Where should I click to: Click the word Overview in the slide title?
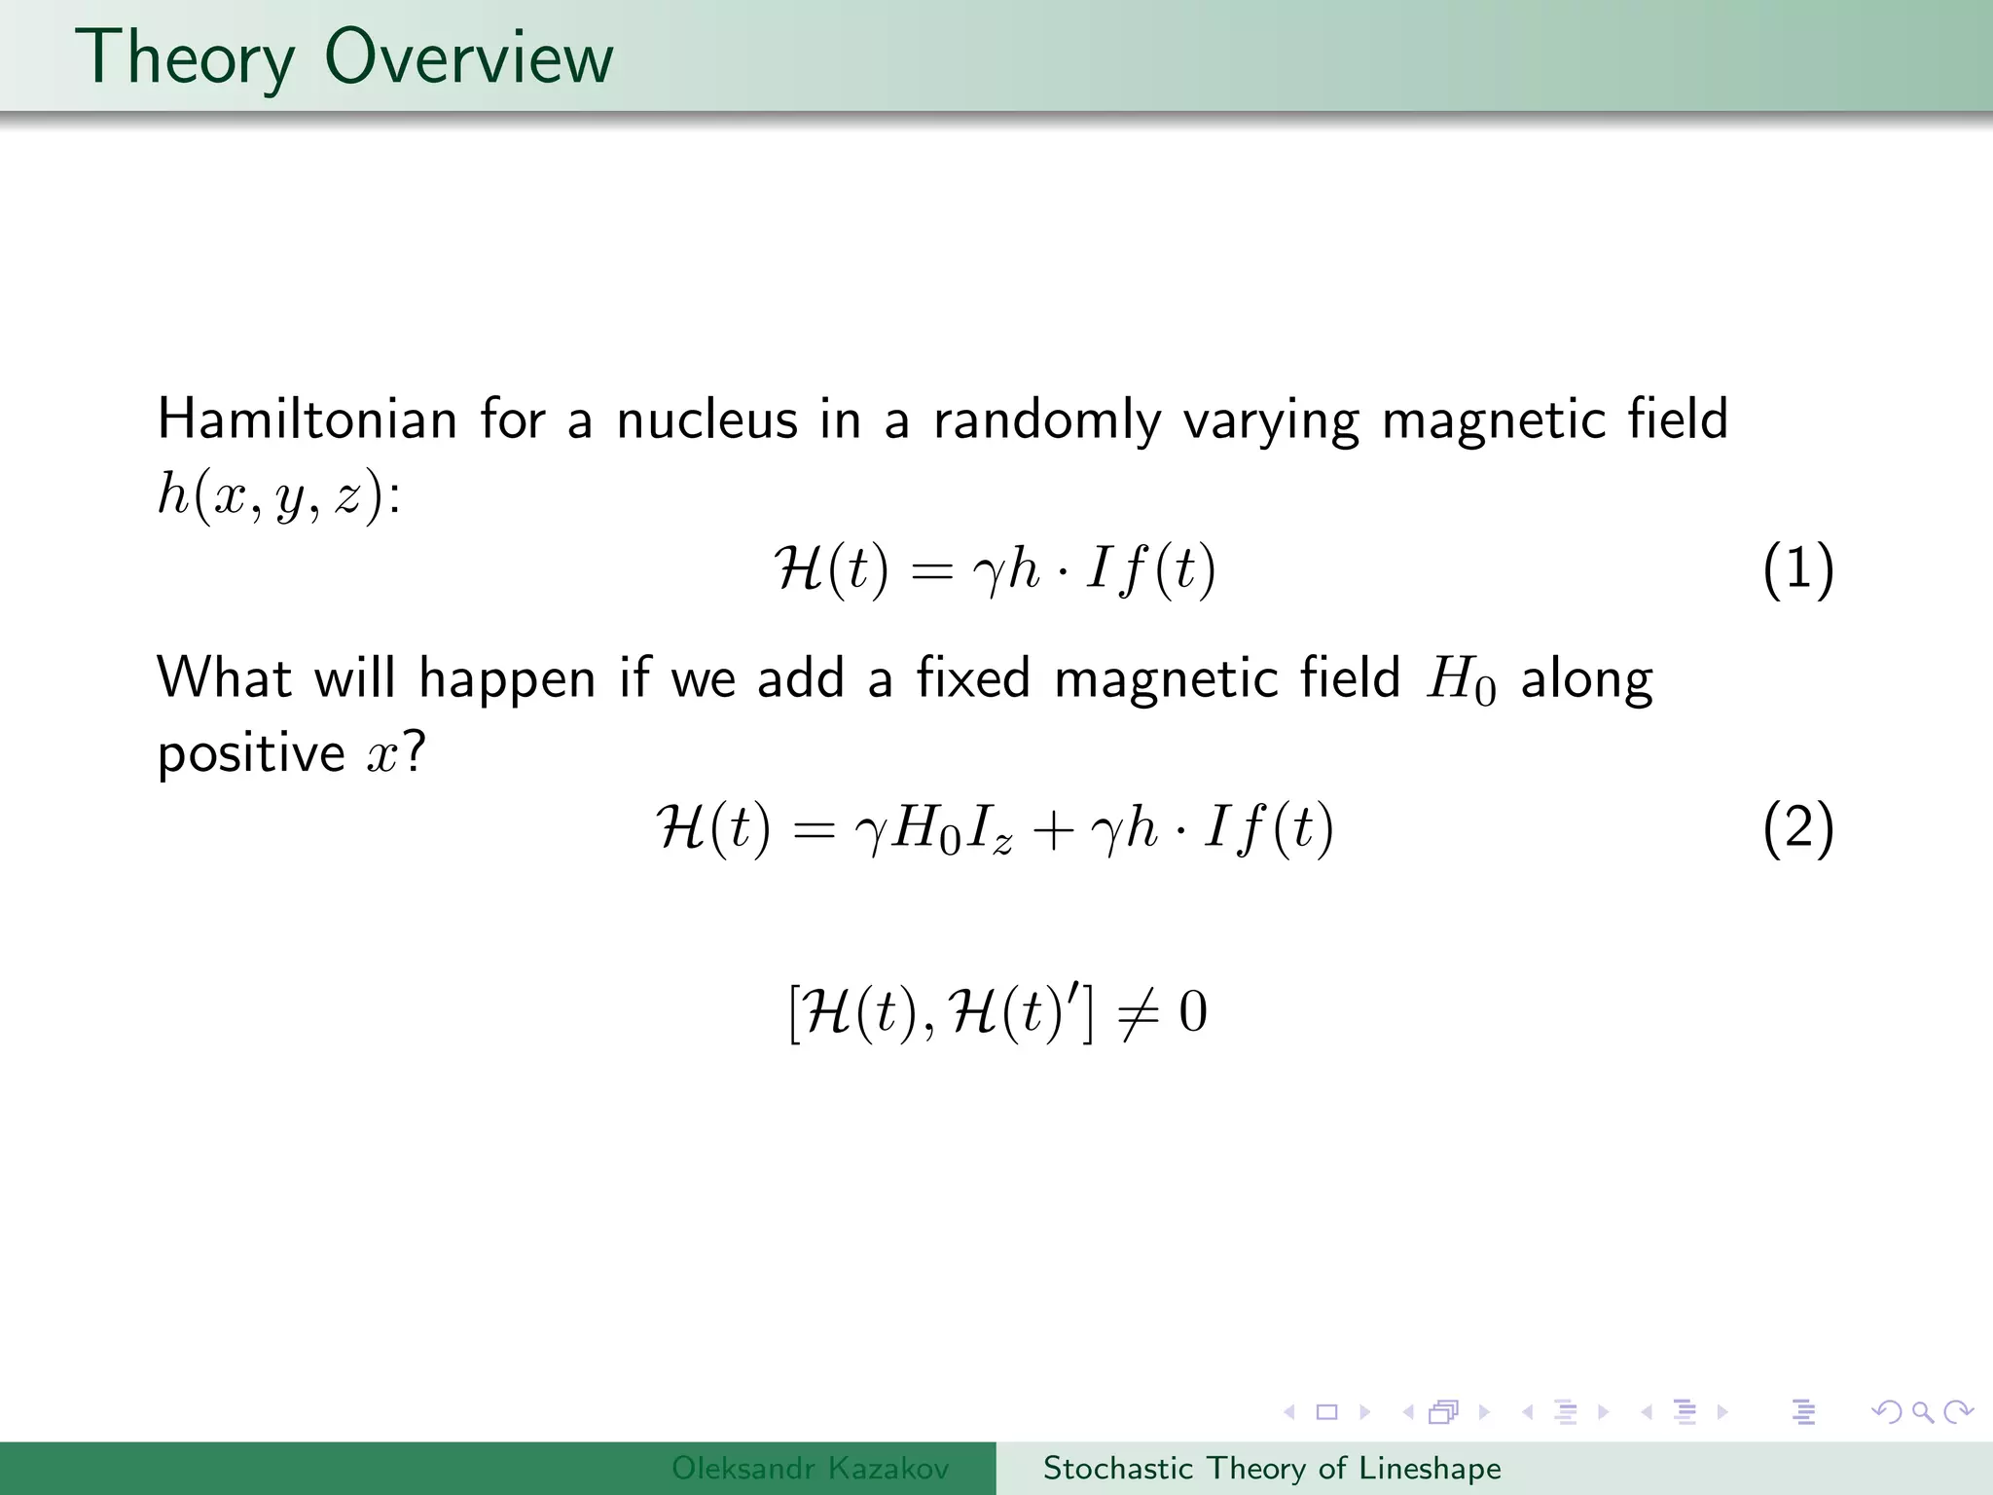coord(468,58)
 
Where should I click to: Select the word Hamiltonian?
coord(307,420)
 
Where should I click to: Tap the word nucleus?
coord(707,420)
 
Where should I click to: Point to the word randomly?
coord(1046,420)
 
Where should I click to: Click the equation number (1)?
coord(1797,569)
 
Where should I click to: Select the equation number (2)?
coord(1797,829)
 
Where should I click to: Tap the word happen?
coord(507,679)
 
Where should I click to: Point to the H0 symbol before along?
coord(1460,681)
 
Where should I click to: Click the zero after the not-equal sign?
coord(1193,1012)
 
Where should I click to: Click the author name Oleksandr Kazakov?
coord(810,1468)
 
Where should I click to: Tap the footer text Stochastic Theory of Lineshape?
coord(1271,1468)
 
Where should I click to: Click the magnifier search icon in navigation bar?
coord(1922,1411)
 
